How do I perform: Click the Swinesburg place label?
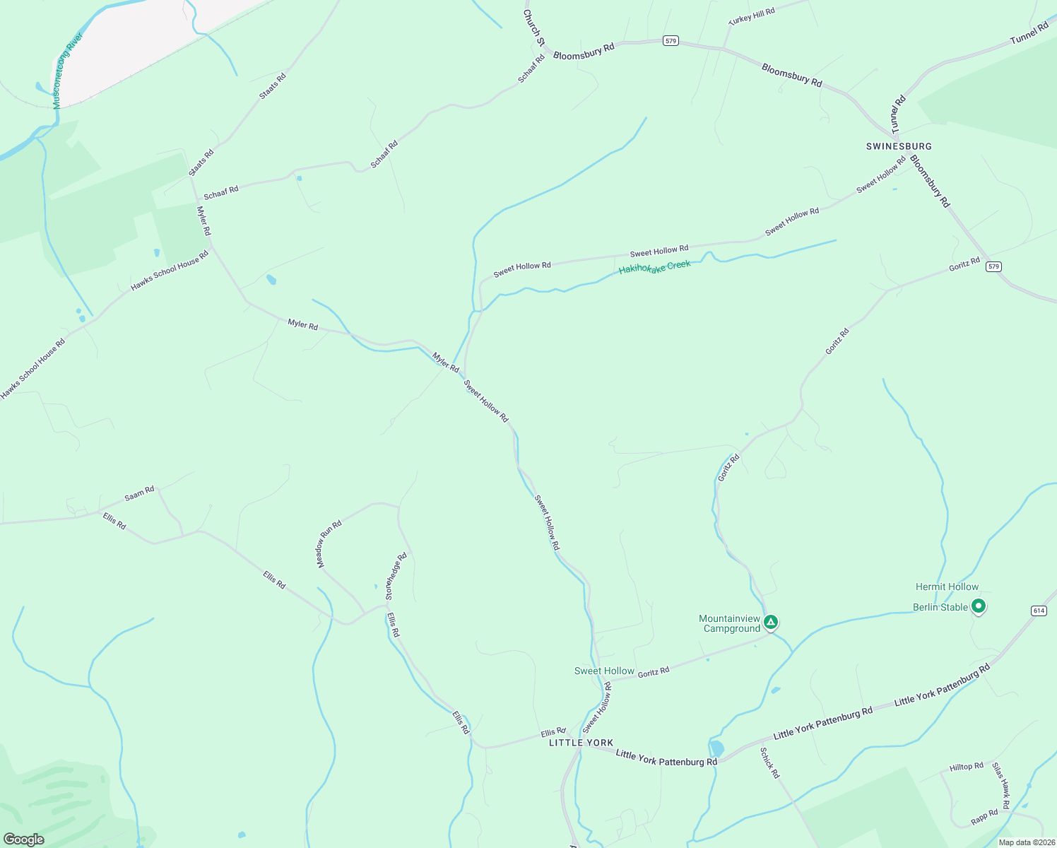pos(899,146)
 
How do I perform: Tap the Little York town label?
pos(581,743)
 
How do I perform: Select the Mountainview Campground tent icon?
pos(771,623)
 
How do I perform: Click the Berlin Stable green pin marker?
pos(979,606)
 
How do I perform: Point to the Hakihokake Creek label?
pos(654,268)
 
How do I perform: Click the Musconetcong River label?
pos(67,70)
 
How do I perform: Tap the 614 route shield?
pos(1038,611)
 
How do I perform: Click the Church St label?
pos(534,28)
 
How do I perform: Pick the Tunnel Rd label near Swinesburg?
pos(898,114)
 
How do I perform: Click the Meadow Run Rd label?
pos(329,544)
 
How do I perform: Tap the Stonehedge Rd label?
pos(396,577)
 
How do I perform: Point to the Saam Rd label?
pos(139,493)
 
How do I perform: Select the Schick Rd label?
pos(769,762)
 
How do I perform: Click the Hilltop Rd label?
pos(967,767)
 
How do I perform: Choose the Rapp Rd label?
pos(984,817)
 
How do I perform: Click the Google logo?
pos(23,840)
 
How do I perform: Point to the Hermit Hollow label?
pos(947,587)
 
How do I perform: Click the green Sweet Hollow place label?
pos(604,671)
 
